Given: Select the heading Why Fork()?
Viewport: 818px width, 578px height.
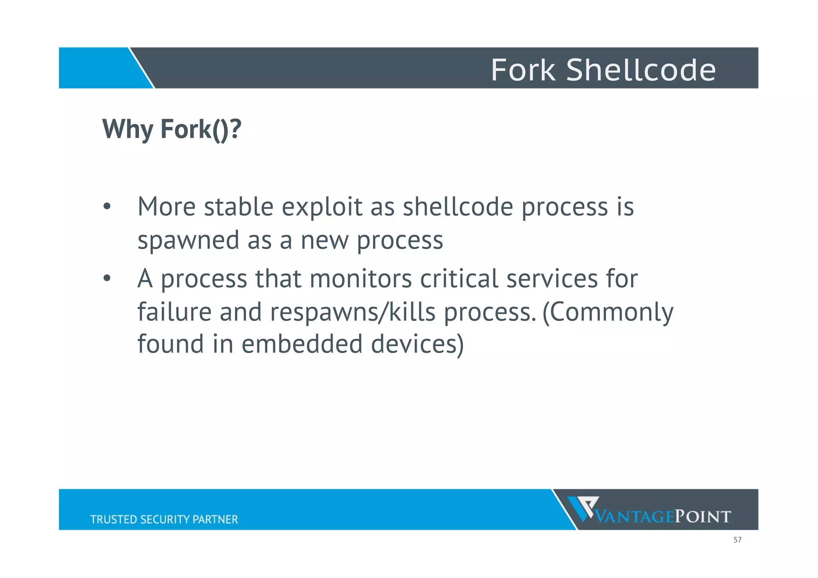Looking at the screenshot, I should [x=172, y=129].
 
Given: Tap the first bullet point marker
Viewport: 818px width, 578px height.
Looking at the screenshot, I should [x=106, y=207].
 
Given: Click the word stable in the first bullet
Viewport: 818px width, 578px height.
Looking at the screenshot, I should [x=238, y=207].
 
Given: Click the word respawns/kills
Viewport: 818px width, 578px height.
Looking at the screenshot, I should [x=352, y=312].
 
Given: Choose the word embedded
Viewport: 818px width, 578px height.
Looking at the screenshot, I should [x=302, y=344].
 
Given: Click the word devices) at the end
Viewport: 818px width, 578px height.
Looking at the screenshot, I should [x=417, y=344].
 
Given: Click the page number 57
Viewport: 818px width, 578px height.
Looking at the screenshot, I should [x=737, y=540].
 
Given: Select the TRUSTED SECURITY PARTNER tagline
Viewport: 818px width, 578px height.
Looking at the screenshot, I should [x=164, y=519].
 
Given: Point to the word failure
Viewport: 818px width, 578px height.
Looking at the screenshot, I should [x=174, y=312].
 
